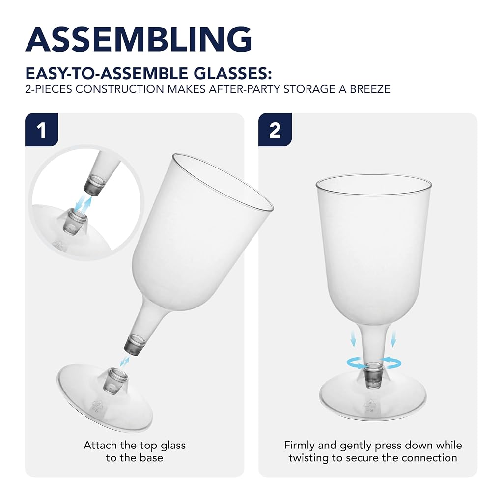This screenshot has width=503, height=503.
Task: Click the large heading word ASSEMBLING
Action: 139,39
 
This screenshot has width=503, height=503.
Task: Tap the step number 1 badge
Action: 42,130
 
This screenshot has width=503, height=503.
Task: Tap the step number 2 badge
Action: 275,130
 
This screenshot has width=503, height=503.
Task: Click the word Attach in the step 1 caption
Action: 100,445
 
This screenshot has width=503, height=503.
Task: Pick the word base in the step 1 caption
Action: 150,457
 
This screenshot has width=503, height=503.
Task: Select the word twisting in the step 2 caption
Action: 309,458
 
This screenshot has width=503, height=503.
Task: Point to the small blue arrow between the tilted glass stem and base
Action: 124,361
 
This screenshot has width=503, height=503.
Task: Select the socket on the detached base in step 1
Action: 115,381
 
